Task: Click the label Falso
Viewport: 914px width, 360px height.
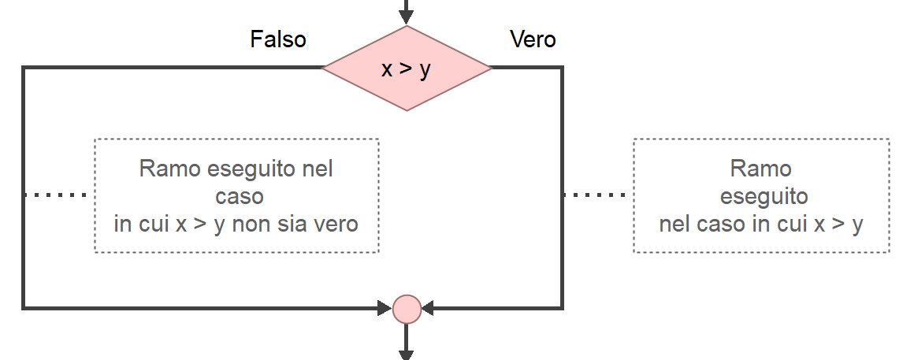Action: coord(278,39)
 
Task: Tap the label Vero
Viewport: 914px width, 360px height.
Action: coord(533,39)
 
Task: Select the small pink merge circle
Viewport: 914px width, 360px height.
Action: coord(407,308)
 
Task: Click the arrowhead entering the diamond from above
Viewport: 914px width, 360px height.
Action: coord(407,16)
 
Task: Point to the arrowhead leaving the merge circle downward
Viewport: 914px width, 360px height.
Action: coord(407,354)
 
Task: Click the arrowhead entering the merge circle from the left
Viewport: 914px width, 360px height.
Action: coord(385,308)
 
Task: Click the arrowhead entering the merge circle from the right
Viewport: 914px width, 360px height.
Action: coord(429,308)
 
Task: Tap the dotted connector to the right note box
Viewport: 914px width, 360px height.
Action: coord(597,194)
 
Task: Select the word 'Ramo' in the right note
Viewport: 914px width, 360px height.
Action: coord(760,169)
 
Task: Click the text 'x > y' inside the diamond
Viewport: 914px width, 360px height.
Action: coord(407,69)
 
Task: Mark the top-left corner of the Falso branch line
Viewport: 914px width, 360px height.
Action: coord(24,69)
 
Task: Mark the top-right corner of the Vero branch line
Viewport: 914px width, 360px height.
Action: coord(562,69)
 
